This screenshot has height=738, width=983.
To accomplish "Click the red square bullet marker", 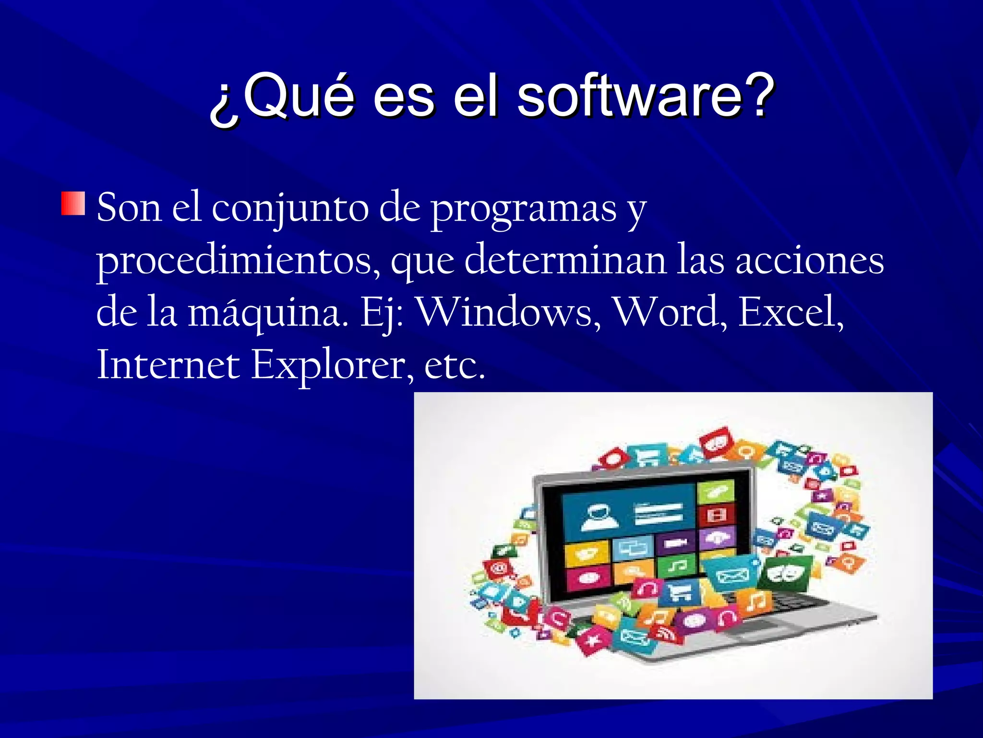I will (73, 203).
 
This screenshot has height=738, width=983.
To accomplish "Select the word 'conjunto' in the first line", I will (290, 209).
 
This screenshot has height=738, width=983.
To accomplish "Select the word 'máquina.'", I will (268, 314).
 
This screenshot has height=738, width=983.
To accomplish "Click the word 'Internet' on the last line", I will (168, 365).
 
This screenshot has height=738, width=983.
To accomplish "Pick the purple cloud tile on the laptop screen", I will (717, 537).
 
